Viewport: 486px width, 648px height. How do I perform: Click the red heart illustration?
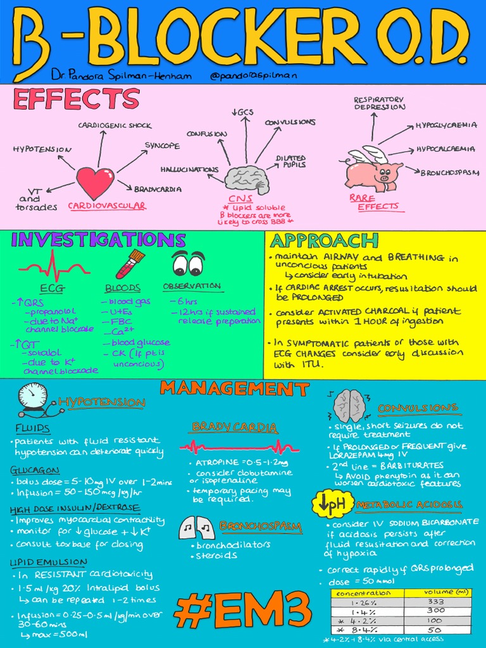tap(95, 182)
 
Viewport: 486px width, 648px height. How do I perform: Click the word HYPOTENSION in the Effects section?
tap(42, 149)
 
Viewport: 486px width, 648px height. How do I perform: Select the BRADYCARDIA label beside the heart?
tap(158, 189)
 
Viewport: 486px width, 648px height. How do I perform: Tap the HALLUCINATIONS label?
tap(189, 170)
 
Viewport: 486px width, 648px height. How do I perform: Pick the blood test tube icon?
tap(130, 264)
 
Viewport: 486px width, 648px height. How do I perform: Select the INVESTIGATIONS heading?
tap(98, 240)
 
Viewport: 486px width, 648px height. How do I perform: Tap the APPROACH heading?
tap(325, 240)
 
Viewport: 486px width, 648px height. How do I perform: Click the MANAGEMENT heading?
tap(234, 388)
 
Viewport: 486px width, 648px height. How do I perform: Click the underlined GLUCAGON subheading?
tap(35, 470)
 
